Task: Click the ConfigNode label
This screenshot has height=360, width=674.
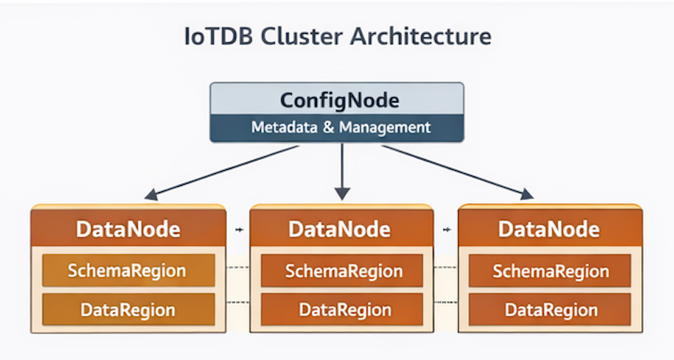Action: [337, 100]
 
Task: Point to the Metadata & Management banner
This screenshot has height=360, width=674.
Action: [337, 127]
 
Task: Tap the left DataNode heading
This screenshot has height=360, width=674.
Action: [128, 228]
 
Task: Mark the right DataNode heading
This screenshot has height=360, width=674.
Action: [548, 228]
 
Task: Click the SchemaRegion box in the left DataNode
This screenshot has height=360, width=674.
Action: [127, 270]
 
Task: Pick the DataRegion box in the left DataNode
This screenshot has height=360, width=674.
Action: [127, 309]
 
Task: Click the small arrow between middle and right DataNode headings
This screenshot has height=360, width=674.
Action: [447, 229]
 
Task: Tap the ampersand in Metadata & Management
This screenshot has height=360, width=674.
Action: [327, 127]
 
